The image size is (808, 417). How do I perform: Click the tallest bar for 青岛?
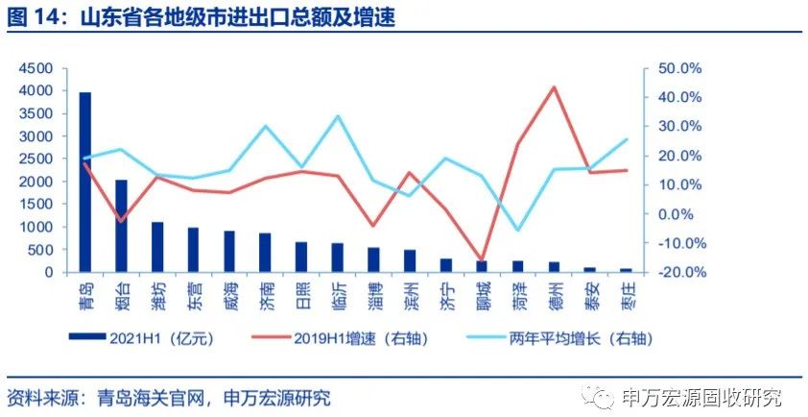(85, 183)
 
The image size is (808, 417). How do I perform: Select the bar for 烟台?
(121, 226)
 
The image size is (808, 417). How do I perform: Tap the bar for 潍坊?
(157, 247)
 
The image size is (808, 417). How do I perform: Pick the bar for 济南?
(265, 253)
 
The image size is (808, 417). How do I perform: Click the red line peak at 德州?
(554, 87)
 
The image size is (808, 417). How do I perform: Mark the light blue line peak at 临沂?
(338, 116)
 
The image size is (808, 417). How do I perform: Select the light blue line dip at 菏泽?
(518, 231)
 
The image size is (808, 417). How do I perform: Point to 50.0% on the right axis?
(680, 69)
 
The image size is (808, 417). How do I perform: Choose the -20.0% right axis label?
(680, 273)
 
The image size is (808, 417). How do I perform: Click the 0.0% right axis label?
(683, 214)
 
